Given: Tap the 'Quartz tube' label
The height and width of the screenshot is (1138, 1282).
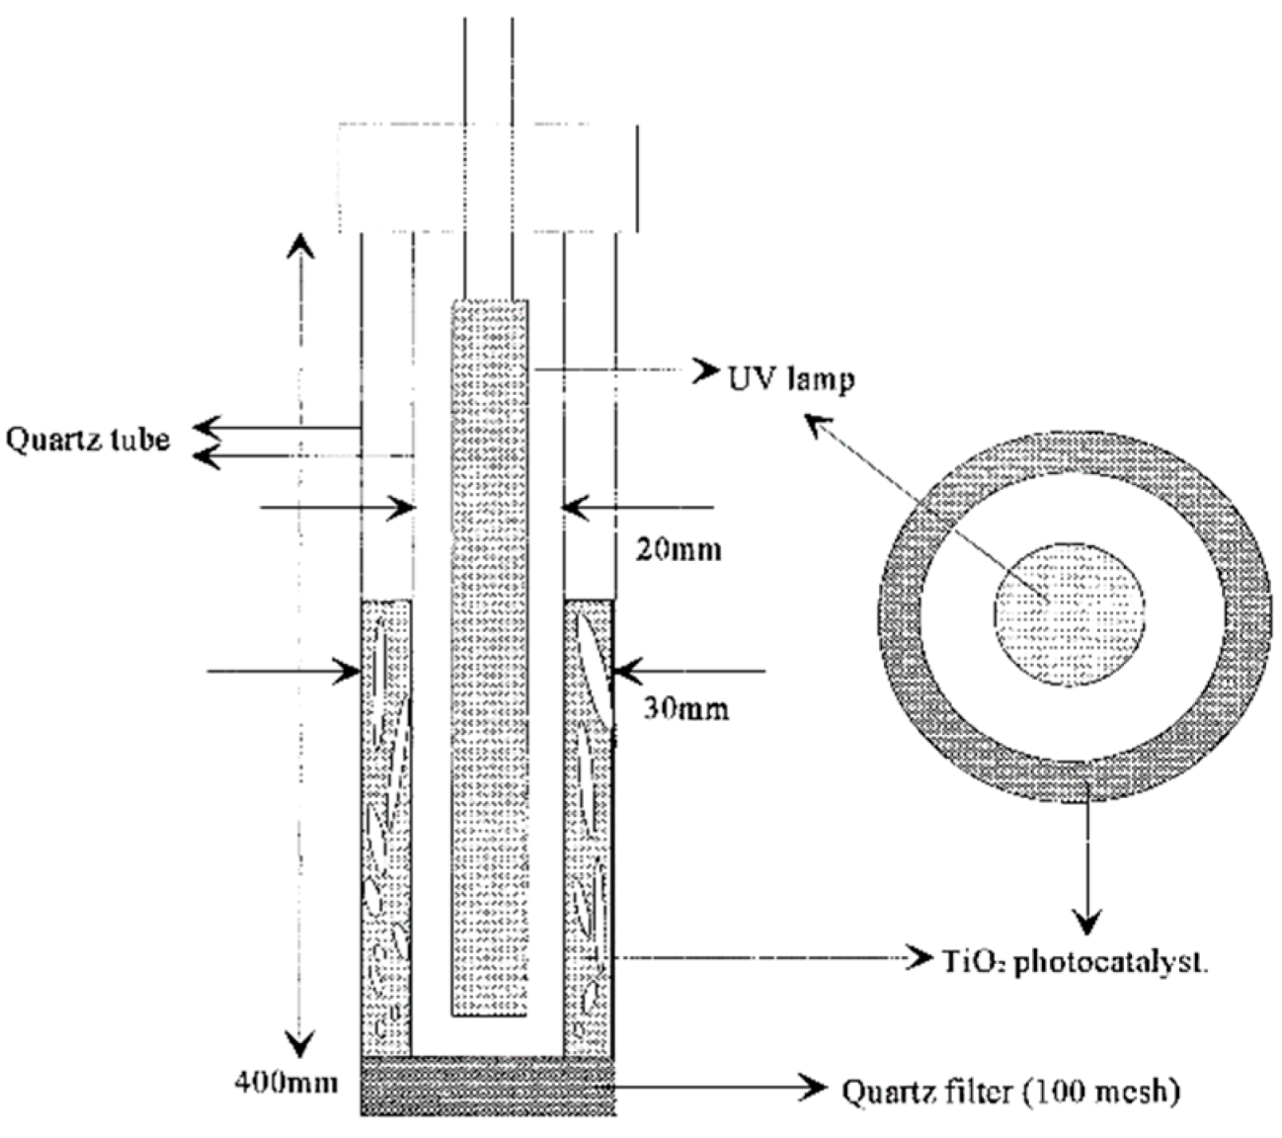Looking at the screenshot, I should (x=88, y=439).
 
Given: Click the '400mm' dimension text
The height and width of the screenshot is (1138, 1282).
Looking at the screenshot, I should (x=284, y=1082).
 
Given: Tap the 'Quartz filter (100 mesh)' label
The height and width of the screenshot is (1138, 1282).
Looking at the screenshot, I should (x=1010, y=1092).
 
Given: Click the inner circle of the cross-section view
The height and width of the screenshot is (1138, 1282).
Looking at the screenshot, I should (x=1069, y=613).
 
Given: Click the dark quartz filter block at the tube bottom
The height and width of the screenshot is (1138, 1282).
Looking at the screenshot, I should (x=488, y=1086).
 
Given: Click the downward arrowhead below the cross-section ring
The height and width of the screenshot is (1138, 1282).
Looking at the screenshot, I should (x=1087, y=924).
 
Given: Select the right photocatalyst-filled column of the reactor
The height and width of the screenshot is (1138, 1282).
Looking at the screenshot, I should (x=589, y=830).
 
